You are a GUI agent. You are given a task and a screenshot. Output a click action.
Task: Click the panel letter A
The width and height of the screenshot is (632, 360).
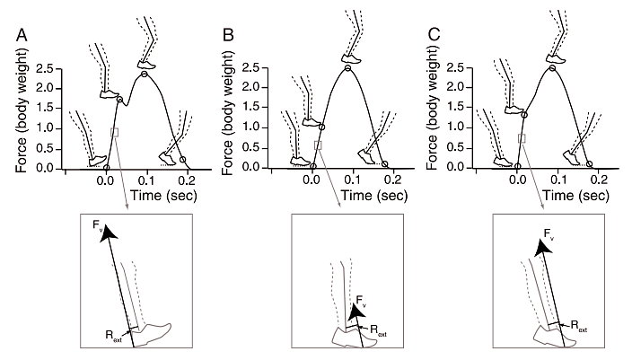pyautogui.click(x=22, y=35)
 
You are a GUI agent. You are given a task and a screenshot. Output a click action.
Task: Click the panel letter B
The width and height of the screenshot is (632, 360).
pyautogui.click(x=228, y=35)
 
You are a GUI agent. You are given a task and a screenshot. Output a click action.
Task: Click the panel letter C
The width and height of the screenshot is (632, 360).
pyautogui.click(x=434, y=35)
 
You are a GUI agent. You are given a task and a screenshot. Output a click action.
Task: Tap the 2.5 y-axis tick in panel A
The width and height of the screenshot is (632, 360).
pyautogui.click(x=45, y=69)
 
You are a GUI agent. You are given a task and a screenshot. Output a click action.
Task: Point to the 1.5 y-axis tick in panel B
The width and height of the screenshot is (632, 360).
pyautogui.click(x=250, y=108)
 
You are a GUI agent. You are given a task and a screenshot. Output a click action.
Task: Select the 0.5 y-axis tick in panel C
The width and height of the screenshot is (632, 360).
pyautogui.click(x=456, y=148)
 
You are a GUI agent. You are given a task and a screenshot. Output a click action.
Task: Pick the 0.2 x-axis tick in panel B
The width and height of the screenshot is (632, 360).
pyautogui.click(x=393, y=180)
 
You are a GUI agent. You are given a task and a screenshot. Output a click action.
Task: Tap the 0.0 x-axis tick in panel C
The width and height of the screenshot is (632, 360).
pyautogui.click(x=517, y=180)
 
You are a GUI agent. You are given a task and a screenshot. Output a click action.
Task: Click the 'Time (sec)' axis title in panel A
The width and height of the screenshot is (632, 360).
pyautogui.click(x=163, y=196)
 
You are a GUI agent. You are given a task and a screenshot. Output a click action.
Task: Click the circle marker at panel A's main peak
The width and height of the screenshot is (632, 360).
pyautogui.click(x=145, y=75)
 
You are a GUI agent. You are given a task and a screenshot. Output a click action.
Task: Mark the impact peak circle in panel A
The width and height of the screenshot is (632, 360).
pyautogui.click(x=119, y=99)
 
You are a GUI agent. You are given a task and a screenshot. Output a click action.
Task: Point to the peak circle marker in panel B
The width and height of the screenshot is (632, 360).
pyautogui.click(x=347, y=67)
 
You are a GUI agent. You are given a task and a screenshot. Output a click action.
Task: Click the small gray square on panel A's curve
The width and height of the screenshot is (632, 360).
pyautogui.click(x=115, y=132)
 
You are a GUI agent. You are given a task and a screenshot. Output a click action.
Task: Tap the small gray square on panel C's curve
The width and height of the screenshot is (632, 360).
pyautogui.click(x=522, y=138)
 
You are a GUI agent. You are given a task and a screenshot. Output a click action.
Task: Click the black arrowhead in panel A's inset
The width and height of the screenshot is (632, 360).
pyautogui.click(x=108, y=233)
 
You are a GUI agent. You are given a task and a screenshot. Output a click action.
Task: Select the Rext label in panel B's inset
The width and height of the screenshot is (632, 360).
pyautogui.click(x=378, y=331)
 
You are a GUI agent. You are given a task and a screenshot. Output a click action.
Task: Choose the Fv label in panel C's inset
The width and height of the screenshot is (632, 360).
pyautogui.click(x=549, y=234)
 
